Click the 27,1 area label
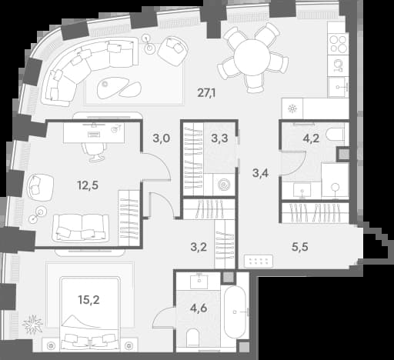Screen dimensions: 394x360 click(206, 93)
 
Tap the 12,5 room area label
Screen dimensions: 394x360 click(88, 185)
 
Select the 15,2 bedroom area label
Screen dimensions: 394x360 click(88, 299)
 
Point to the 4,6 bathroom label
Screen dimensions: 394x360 click(199, 308)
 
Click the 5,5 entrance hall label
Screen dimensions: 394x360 click(300, 247)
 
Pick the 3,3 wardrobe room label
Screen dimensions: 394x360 click(219, 138)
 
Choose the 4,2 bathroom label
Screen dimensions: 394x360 click(311, 138)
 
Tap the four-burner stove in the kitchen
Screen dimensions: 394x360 click(338, 44)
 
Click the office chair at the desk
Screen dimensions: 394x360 click(94, 152)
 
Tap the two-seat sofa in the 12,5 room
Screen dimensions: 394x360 click(81, 228)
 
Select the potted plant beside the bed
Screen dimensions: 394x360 click(32, 324)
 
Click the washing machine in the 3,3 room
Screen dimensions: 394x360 click(222, 185)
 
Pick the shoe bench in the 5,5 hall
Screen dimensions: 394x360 click(259, 261)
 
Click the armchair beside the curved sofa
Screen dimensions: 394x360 click(172, 51)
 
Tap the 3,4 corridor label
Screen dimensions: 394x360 click(260, 173)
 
